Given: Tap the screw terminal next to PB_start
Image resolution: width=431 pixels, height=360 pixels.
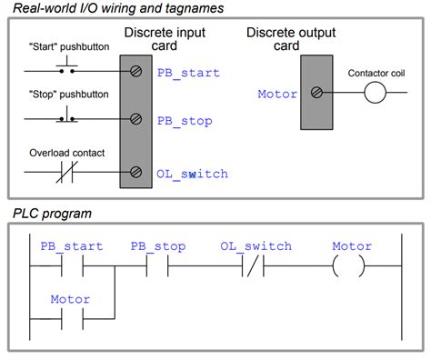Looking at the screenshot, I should click(x=135, y=72).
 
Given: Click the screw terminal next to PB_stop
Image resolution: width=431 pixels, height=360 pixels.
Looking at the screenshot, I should click(x=135, y=118).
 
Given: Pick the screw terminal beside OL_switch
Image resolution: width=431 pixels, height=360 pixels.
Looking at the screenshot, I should click(x=135, y=172).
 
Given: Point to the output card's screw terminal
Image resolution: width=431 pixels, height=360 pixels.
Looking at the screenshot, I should click(x=316, y=93).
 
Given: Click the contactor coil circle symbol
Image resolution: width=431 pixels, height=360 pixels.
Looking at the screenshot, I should click(x=376, y=93).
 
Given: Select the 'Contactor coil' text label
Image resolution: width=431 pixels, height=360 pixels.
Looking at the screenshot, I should click(x=375, y=72).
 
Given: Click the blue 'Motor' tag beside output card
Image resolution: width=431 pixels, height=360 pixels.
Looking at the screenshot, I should click(x=277, y=93).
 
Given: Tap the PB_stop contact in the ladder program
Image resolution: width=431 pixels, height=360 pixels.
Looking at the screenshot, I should click(x=156, y=270).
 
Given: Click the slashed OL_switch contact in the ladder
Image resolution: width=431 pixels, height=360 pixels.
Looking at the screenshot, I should click(x=255, y=270).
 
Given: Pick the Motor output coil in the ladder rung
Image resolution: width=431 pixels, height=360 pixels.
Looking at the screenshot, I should click(x=351, y=270).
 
